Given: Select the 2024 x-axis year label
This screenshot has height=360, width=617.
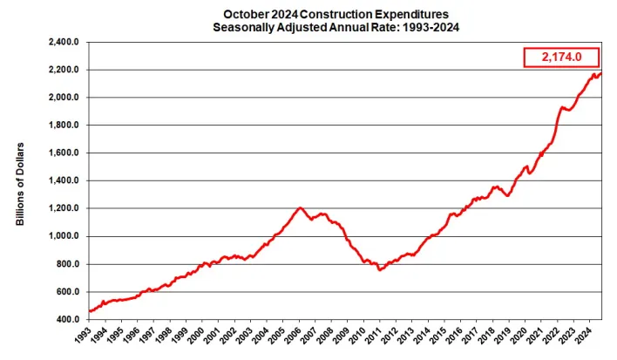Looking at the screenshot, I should coord(590,336).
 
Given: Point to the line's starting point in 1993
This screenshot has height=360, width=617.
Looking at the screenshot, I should coord(90,311).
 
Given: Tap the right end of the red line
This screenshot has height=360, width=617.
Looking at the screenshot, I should coord(600,73).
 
